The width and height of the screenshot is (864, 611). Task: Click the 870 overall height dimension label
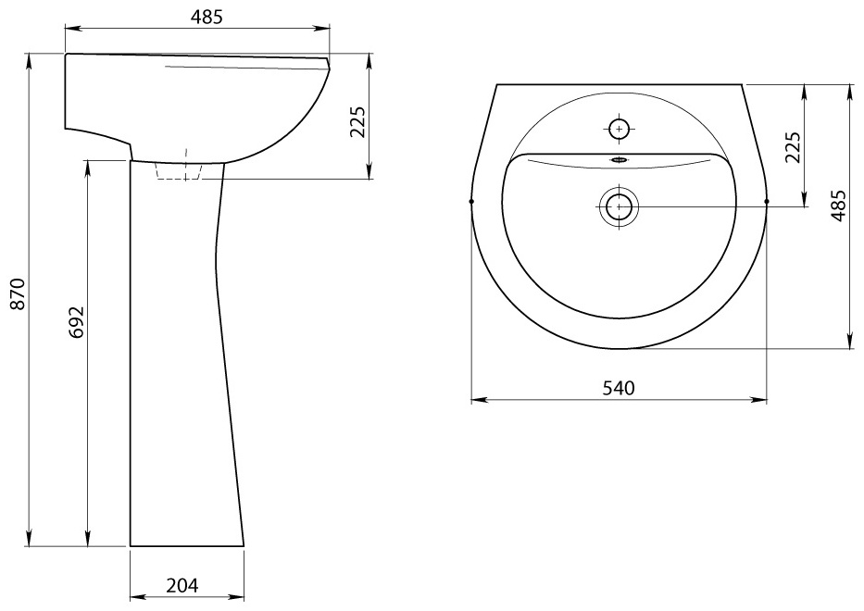(19, 294)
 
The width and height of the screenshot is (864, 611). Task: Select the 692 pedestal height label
(78, 322)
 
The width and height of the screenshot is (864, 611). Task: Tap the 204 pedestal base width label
(182, 586)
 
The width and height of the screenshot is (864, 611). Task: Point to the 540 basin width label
(619, 389)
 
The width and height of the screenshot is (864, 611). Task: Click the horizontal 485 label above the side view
(207, 18)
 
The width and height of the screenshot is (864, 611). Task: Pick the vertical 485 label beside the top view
(837, 206)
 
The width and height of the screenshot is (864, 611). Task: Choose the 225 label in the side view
(357, 122)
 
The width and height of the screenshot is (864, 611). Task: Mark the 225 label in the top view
(793, 147)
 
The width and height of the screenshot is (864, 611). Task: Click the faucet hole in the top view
(620, 129)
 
